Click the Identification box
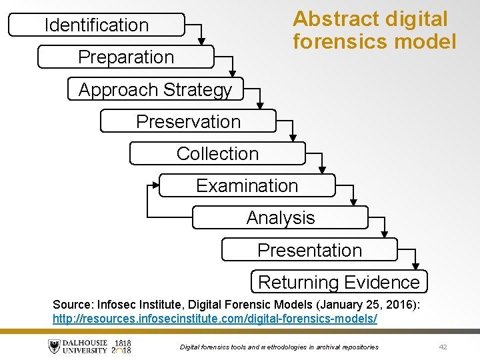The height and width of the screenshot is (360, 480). (97, 25)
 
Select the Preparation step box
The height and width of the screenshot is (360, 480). (126, 57)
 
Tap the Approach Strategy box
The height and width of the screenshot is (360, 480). (155, 89)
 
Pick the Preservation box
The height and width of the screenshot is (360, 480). (188, 121)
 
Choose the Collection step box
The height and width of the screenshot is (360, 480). (217, 153)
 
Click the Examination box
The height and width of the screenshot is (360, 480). (247, 185)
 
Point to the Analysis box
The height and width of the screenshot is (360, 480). (281, 217)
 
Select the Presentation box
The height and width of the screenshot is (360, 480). (309, 250)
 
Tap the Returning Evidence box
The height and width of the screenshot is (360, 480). (339, 282)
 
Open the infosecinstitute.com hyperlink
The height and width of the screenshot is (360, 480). (215, 319)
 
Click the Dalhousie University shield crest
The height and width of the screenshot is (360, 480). (54, 347)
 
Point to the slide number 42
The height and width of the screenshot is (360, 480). (443, 347)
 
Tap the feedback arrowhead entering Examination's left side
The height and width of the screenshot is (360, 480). (155, 185)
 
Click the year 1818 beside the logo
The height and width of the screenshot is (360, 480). (123, 343)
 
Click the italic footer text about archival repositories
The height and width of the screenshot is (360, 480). (279, 347)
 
